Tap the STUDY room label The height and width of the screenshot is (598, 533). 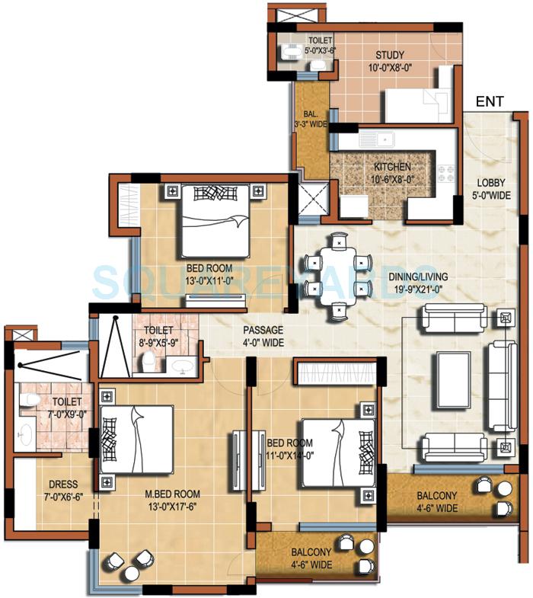point(389,61)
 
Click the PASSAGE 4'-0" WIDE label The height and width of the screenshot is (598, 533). point(263,336)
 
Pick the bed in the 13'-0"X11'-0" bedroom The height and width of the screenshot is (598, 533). point(215,220)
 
